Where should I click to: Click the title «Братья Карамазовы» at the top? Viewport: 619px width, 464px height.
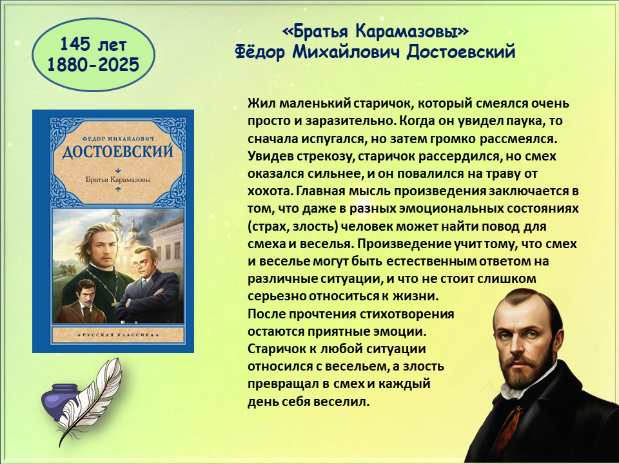pyautogui.click(x=376, y=31)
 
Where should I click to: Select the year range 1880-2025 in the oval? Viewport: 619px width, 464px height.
pyautogui.click(x=93, y=64)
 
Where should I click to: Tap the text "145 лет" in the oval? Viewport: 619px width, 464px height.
pyautogui.click(x=93, y=44)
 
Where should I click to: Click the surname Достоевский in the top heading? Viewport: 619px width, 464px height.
pyautogui.click(x=460, y=52)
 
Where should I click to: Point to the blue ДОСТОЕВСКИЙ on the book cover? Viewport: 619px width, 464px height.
pyautogui.click(x=118, y=151)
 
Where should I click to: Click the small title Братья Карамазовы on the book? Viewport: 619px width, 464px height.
pyautogui.click(x=118, y=180)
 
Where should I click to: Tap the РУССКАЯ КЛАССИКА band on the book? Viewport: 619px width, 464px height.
pyautogui.click(x=118, y=335)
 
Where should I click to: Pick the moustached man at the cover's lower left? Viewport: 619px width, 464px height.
pyautogui.click(x=82, y=302)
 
